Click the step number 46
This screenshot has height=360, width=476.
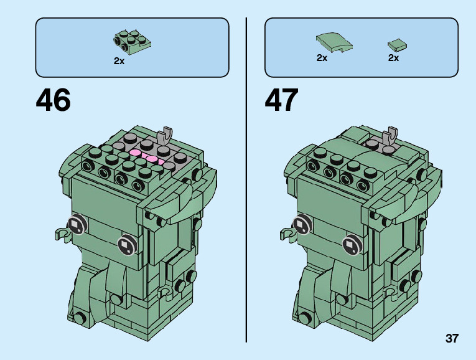(x=54, y=100)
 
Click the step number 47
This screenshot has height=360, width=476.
(x=282, y=100)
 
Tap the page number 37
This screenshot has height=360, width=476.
(x=452, y=339)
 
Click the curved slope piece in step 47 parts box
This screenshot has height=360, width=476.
(x=334, y=42)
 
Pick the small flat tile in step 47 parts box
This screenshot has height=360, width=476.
(x=396, y=44)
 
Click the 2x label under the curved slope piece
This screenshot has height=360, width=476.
(x=322, y=58)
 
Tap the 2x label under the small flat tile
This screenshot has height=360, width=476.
(x=393, y=58)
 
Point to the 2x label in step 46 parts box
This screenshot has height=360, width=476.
(x=119, y=61)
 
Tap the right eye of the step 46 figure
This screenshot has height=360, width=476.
(x=127, y=245)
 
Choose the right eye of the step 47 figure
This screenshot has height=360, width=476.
(x=352, y=244)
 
